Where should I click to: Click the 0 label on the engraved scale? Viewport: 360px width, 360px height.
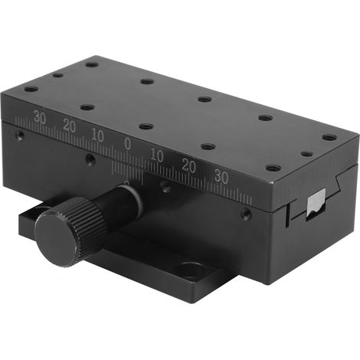pyautogui.click(x=127, y=144)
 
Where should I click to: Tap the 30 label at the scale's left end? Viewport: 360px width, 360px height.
pyautogui.click(x=39, y=118)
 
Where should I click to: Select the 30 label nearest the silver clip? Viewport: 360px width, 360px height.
pyautogui.click(x=221, y=176)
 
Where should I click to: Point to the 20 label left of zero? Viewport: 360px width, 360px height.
pyautogui.click(x=70, y=126)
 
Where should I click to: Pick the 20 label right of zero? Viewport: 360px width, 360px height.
pyautogui.click(x=189, y=165)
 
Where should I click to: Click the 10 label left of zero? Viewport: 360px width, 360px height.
pyautogui.click(x=98, y=136)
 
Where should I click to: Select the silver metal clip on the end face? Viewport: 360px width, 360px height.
pyautogui.click(x=316, y=204)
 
